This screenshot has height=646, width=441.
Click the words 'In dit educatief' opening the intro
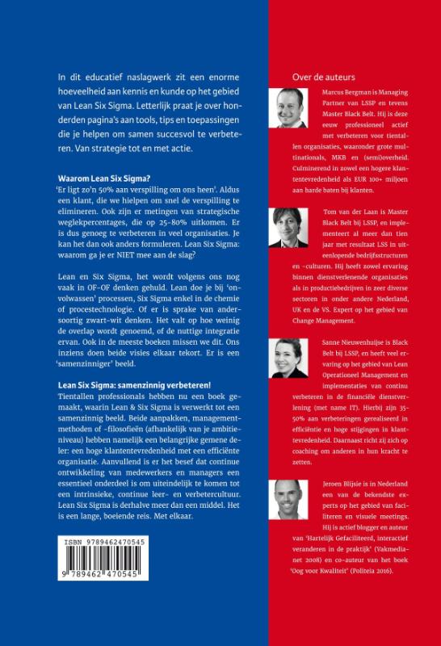90,77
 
